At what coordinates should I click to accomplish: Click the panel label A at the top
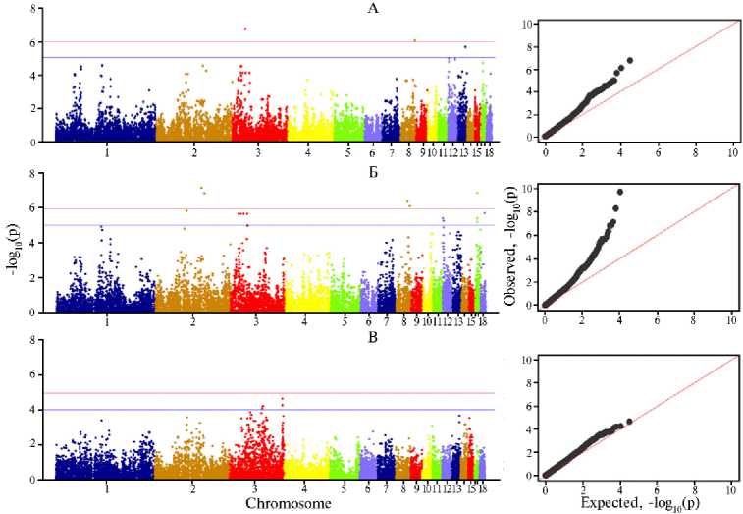pos(262,9)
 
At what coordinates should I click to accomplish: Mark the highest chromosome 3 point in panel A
pos(244,29)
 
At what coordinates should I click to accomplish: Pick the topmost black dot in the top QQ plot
pos(629,60)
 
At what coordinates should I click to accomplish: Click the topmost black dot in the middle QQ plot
pos(619,192)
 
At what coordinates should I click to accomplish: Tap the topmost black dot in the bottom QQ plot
pos(629,422)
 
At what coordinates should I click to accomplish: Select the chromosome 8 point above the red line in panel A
pos(415,40)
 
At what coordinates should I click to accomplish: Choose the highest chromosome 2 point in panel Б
pos(201,188)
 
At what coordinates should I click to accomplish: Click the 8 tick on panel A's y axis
pos(38,8)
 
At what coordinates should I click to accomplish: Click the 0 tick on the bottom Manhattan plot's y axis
pos(38,479)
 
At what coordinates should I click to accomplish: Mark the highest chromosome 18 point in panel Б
pos(478,194)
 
